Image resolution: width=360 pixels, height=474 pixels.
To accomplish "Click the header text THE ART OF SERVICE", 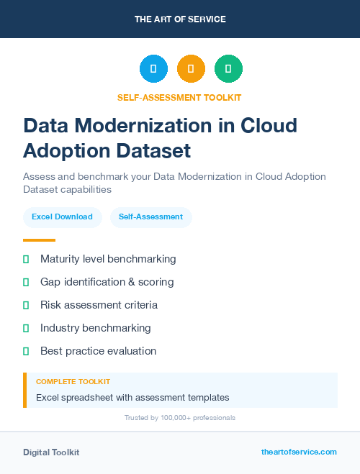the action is [180, 19].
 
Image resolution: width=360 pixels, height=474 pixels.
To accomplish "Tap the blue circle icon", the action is [153, 69].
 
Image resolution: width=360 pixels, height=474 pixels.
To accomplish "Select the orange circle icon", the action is [191, 69].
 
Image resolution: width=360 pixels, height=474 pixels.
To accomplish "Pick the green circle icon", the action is [228, 69].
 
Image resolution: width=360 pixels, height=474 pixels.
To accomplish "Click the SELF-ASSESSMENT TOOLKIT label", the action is [180, 97].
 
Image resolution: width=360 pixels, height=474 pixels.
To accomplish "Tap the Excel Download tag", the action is [62, 217].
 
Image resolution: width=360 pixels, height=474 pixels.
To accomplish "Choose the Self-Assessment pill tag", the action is [150, 217].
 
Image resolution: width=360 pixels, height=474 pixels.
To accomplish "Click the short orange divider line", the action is [39, 240].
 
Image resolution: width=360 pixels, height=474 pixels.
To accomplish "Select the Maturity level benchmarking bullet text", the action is [108, 259].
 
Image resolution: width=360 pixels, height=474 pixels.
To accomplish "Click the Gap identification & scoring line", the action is [107, 282].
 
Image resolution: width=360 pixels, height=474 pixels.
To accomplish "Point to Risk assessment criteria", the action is [99, 305].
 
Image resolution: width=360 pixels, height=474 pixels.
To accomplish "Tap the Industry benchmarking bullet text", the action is [96, 328].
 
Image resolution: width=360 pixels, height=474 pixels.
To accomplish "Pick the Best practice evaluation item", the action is [98, 351].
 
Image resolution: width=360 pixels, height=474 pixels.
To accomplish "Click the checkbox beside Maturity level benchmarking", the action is [26, 259].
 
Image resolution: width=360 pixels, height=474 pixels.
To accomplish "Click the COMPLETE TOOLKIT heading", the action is [73, 382].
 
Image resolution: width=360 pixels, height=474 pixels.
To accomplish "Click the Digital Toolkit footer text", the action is [51, 452].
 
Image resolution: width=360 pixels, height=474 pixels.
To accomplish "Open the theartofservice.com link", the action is [299, 452].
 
